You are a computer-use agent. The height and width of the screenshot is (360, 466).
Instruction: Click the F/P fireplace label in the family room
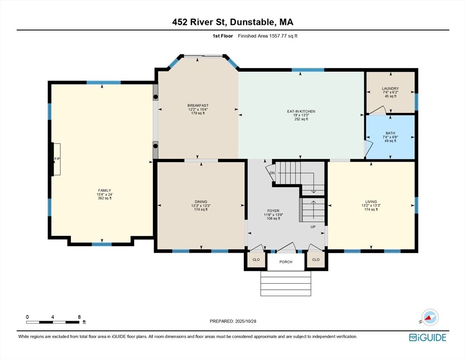pos(57,159)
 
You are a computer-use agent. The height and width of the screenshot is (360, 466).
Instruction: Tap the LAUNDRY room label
pos(390,89)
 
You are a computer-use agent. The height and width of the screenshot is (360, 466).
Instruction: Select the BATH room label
pos(390,133)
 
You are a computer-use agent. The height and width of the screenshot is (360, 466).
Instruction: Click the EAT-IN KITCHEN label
pos(301,112)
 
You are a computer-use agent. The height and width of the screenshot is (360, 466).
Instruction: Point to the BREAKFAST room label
pos(198,105)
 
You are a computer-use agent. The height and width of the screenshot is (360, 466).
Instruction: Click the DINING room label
pos(201,202)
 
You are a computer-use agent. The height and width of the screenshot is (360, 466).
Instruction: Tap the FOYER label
pos(273,211)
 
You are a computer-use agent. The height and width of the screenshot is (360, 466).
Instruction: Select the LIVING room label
pos(371,202)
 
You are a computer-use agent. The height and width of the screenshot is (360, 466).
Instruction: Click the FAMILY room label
pos(105,191)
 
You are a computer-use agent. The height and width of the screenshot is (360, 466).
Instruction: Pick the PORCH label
pos(286,262)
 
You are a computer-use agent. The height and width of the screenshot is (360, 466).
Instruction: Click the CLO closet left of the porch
pos(256,260)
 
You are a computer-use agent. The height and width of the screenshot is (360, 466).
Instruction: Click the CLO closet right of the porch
pos(316,260)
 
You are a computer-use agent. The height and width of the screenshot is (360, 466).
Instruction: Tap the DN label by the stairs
pos(272,173)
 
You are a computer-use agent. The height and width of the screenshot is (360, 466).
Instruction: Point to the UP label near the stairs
pos(313,227)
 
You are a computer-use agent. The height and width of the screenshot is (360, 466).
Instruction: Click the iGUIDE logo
pos(428,337)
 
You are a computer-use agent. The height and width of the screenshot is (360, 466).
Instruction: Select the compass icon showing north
pos(429,317)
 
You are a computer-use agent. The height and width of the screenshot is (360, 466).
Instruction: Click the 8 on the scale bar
pos(79,317)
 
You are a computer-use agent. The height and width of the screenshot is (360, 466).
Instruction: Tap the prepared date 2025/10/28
pos(246,322)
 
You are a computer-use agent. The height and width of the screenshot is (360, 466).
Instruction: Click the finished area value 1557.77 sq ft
pos(283,36)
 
